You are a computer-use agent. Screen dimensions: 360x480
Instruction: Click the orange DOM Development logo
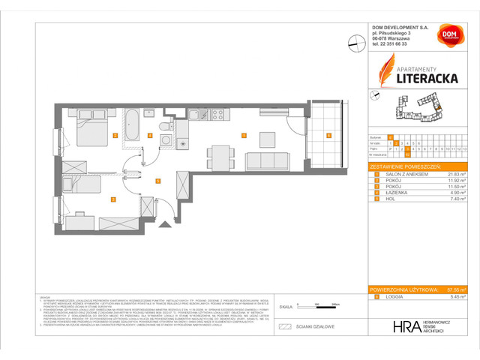pyautogui.click(x=449, y=36)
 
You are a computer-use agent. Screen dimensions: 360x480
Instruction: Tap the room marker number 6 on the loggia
pyautogui.click(x=327, y=136)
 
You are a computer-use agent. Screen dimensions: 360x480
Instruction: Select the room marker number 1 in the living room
pyautogui.click(x=244, y=136)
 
